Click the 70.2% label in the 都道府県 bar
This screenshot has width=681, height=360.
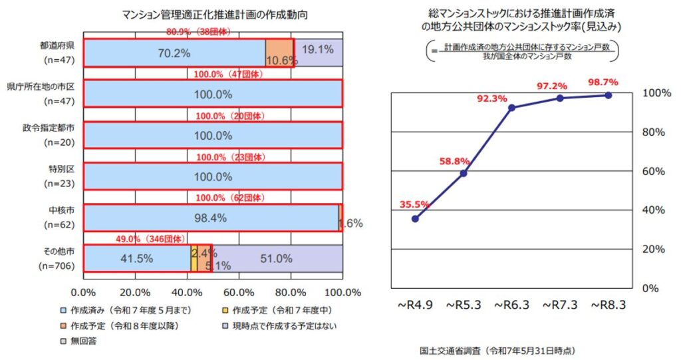pos(174,53)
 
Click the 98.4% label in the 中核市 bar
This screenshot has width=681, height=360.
pos(211,218)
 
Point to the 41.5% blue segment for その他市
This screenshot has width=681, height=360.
pos(137,259)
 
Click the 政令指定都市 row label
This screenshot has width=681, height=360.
pos(51,128)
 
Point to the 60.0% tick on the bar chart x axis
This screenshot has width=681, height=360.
pos(239,292)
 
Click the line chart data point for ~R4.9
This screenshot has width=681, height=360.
pos(415,218)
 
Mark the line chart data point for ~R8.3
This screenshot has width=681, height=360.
pos(609,95)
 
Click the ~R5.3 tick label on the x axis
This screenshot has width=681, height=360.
pos(463,305)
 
